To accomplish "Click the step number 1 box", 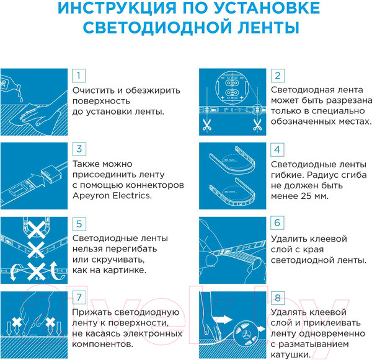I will (x=78, y=76).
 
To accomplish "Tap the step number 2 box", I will (x=278, y=76).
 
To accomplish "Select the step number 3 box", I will (x=78, y=149).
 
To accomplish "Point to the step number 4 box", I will (x=278, y=149).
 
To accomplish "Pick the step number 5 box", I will (x=78, y=223).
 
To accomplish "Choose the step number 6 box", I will (x=278, y=223).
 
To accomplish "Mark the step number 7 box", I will (x=78, y=297).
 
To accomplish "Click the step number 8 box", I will (x=278, y=297).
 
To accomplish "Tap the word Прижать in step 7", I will (x=93, y=312).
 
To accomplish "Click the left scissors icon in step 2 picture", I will (x=206, y=124).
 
